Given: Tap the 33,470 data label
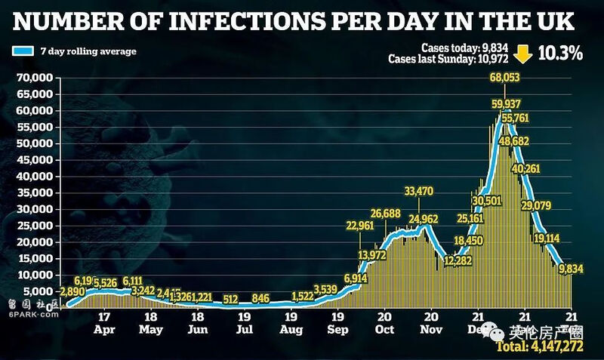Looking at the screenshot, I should (x=418, y=192).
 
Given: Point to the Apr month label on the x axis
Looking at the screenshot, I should (x=105, y=330).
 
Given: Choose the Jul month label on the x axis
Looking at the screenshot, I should (x=244, y=330).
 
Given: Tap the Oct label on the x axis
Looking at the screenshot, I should (x=384, y=330).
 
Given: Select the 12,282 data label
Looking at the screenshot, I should (x=458, y=261).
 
